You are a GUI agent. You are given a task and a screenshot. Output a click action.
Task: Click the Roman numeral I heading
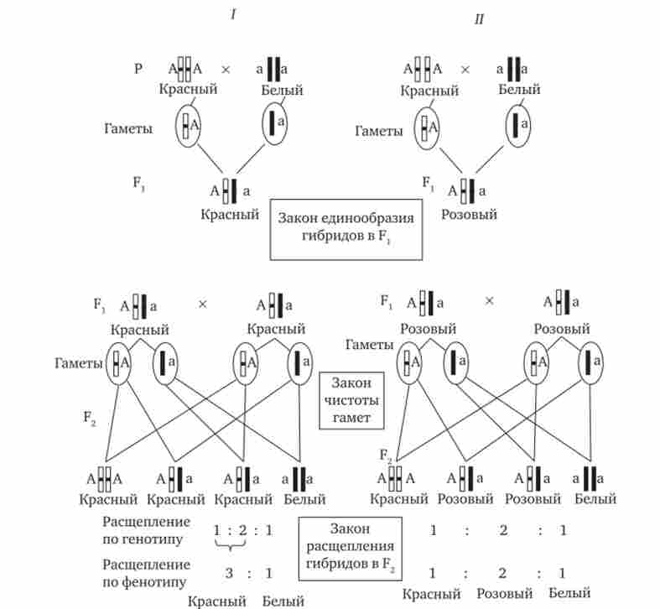pyautogui.click(x=232, y=16)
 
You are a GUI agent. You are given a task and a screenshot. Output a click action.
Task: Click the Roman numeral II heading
pyautogui.click(x=478, y=18)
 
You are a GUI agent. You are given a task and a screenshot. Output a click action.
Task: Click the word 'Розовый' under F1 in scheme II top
pyautogui.click(x=470, y=215)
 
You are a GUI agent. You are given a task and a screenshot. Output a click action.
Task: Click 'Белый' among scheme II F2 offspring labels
pyautogui.click(x=595, y=499)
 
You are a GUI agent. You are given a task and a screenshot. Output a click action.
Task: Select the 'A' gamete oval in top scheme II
pyautogui.click(x=428, y=128)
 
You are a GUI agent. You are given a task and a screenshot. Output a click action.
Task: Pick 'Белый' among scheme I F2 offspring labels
pyautogui.click(x=304, y=499)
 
